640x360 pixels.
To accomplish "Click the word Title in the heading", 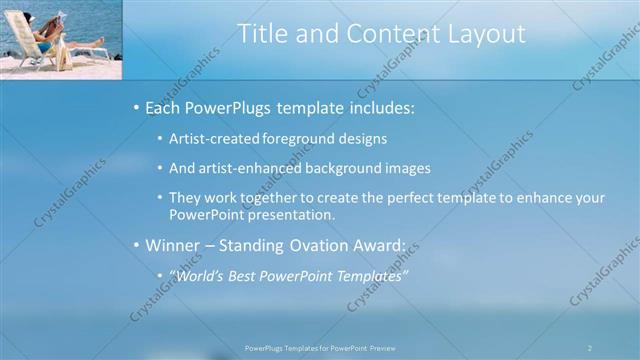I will point(262,33).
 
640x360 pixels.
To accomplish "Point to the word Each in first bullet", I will point(164,107).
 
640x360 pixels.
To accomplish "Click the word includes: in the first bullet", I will point(378,107).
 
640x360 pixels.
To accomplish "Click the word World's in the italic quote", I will point(198,275).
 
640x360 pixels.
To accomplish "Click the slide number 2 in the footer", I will point(589,348).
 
